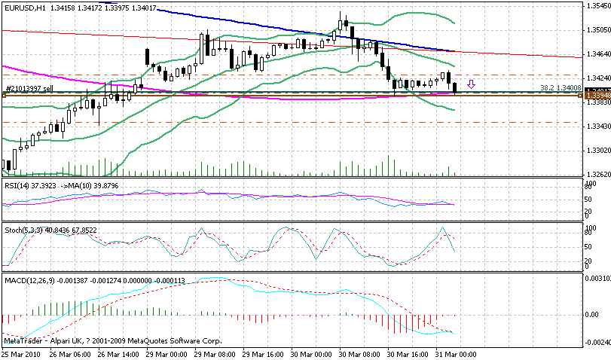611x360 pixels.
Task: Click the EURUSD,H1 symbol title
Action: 23,7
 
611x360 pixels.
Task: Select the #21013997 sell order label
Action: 29,89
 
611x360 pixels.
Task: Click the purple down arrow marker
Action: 472,84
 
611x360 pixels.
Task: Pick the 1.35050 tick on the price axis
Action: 597,31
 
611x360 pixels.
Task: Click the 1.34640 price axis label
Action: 597,55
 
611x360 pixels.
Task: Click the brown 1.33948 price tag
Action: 597,96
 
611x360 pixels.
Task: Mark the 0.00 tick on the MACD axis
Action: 592,315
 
